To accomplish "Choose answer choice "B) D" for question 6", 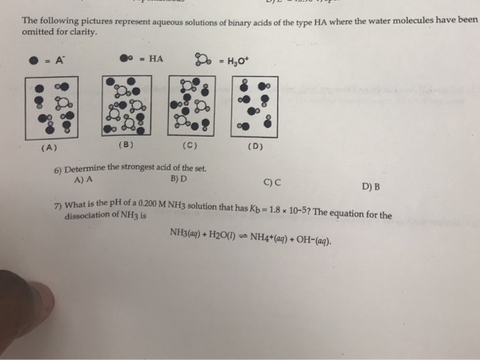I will tap(177, 180).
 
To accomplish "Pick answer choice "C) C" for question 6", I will tap(272, 182).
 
